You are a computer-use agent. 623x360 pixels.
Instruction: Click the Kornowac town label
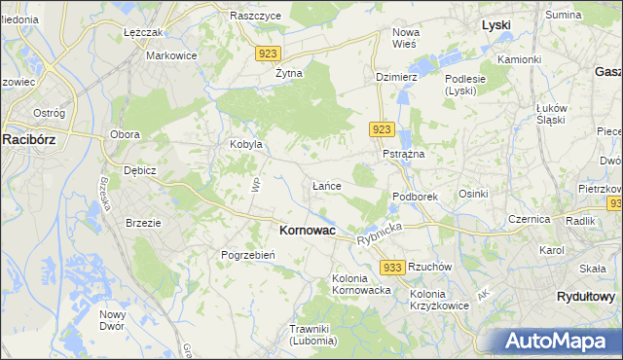(307, 231)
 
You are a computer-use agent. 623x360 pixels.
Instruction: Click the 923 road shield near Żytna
(271, 54)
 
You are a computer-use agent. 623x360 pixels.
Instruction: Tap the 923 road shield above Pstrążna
(382, 129)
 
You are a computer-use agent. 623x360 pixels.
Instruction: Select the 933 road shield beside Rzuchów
(392, 267)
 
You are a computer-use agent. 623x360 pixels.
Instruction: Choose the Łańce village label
(325, 185)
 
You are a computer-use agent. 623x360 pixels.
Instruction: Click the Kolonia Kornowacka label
(361, 284)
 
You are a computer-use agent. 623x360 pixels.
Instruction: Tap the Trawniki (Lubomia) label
(312, 335)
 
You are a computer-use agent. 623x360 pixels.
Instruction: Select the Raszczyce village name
(255, 17)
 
